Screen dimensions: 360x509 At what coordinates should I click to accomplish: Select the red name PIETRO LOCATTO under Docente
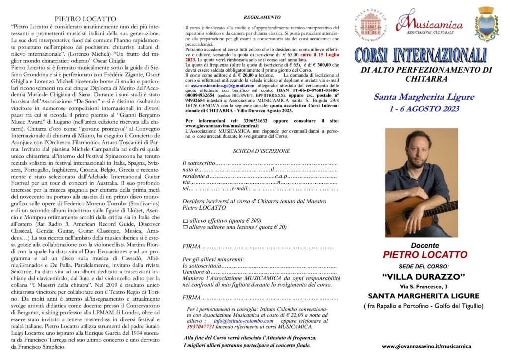tap(425, 255)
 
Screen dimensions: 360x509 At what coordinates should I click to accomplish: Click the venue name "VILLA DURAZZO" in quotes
tap(424, 276)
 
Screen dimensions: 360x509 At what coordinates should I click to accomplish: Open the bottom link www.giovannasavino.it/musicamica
tap(426, 346)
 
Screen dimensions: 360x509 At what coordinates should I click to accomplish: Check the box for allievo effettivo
tap(186, 221)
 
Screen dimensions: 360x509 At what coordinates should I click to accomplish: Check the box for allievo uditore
tap(186, 227)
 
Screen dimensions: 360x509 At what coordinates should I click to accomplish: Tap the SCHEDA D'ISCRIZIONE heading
tap(261, 150)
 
